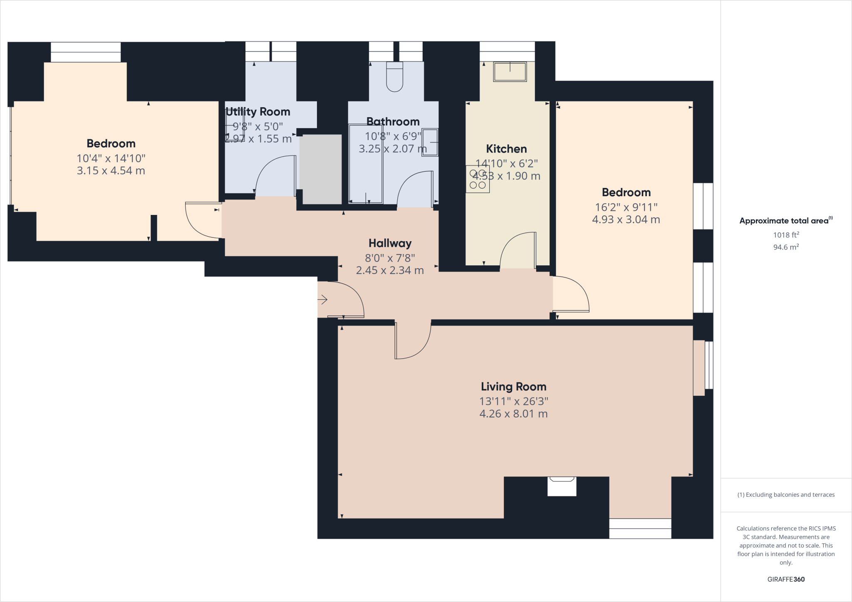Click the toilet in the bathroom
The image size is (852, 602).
(394, 77)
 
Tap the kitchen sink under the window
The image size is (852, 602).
(510, 72)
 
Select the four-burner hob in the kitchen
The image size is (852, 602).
(478, 179)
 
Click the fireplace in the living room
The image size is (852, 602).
(562, 486)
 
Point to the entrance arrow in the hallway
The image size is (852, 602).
(322, 299)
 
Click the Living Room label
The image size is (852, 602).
(513, 387)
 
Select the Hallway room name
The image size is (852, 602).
(390, 243)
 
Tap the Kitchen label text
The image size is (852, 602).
(506, 149)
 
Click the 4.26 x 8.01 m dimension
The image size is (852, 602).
(513, 414)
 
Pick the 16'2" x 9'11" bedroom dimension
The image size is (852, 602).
(626, 207)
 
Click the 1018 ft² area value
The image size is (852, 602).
(786, 235)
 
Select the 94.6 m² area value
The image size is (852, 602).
(786, 247)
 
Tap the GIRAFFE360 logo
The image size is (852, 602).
(786, 579)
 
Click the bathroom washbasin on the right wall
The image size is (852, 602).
(430, 142)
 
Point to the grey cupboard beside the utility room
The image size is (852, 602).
(320, 169)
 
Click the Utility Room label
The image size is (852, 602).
(258, 112)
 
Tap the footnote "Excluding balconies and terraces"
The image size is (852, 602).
(786, 495)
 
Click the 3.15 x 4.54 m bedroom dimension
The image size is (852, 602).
(111, 170)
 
